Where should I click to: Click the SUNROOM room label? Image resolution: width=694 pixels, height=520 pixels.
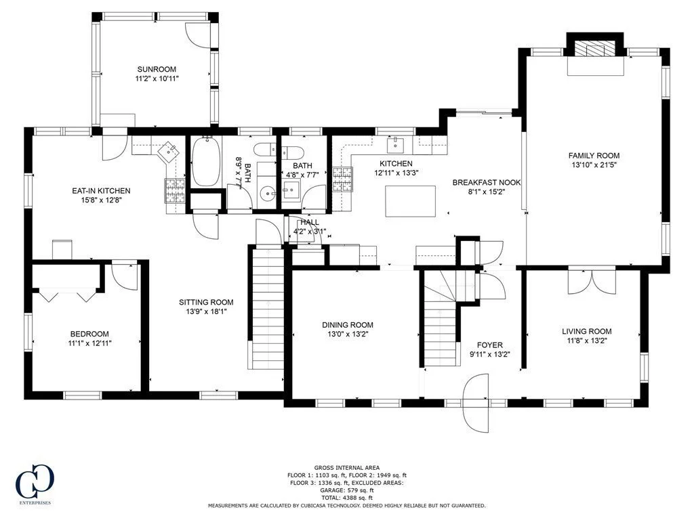157,69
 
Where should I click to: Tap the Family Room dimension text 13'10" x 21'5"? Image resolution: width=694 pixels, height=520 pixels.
594,165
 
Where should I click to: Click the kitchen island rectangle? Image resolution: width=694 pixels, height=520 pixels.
410,201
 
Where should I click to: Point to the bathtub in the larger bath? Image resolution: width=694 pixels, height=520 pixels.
206,161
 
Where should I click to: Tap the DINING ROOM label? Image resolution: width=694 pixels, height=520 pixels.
348,325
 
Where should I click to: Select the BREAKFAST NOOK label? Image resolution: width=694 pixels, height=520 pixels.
487,182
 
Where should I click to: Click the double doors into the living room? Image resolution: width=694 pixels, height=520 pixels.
592,281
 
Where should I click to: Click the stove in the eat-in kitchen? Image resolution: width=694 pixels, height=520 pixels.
175,190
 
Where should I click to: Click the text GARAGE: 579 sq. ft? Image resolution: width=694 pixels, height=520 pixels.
347,490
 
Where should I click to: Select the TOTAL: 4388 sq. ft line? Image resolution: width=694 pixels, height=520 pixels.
346,498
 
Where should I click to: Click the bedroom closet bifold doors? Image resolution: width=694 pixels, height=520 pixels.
68,295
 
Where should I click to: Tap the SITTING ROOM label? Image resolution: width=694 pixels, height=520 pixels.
206,303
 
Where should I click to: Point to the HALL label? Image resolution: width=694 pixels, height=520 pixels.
310,222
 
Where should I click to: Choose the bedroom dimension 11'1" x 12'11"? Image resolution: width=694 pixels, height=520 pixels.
89,343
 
